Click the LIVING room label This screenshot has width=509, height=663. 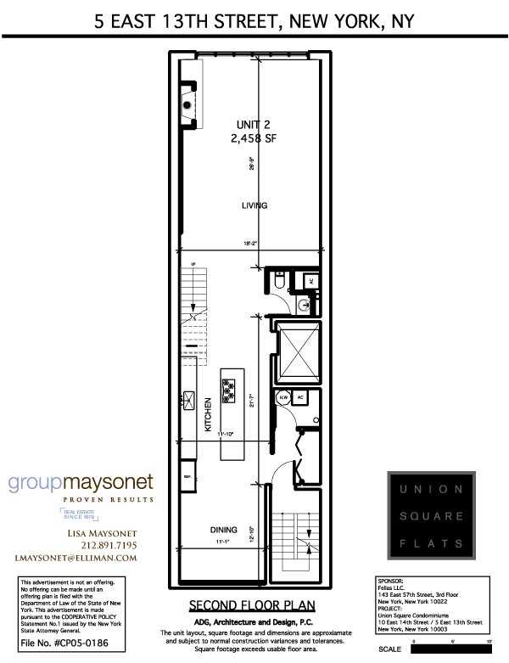[255, 205]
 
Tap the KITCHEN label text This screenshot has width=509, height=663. [207, 416]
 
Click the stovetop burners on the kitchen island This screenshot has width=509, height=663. [228, 390]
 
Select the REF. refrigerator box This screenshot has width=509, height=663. [188, 477]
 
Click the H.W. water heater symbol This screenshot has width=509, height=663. [283, 396]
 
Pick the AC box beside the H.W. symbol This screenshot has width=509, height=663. [299, 396]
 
